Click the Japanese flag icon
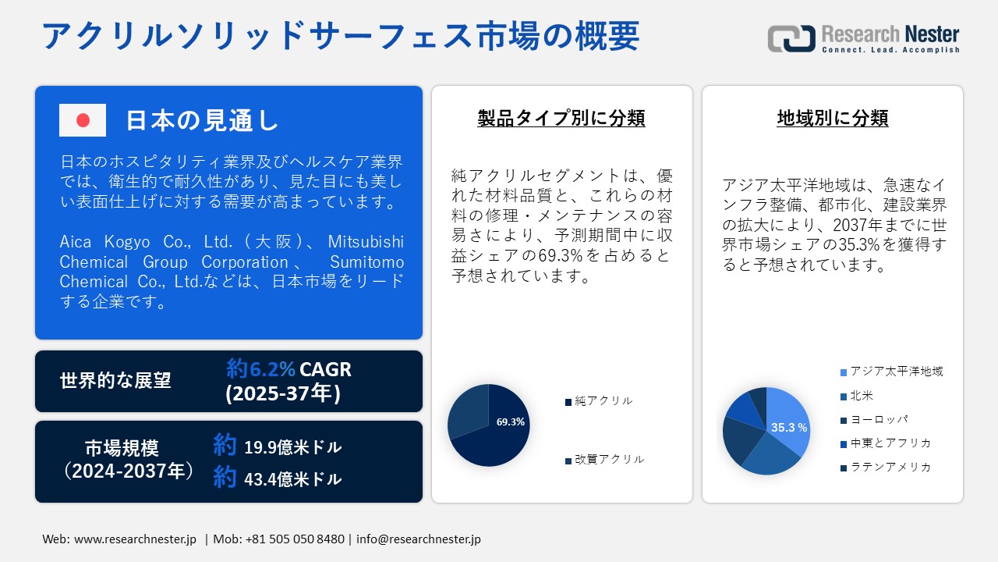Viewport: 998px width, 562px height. coord(83,120)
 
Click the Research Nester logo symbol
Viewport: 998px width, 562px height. coord(791,38)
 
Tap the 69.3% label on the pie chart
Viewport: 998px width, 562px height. coord(510,421)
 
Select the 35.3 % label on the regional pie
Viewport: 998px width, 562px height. coord(788,428)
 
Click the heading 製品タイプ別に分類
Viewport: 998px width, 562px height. coord(561,119)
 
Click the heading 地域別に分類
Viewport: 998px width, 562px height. coord(833,119)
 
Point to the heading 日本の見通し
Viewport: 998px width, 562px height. coord(202,120)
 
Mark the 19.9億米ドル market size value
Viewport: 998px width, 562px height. coord(292,447)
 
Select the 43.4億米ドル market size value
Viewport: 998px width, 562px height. coord(292,479)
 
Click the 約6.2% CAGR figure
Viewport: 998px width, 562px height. coord(288,368)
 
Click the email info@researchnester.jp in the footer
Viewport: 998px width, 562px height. coord(419,539)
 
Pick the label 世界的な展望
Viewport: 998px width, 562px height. coord(115,381)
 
